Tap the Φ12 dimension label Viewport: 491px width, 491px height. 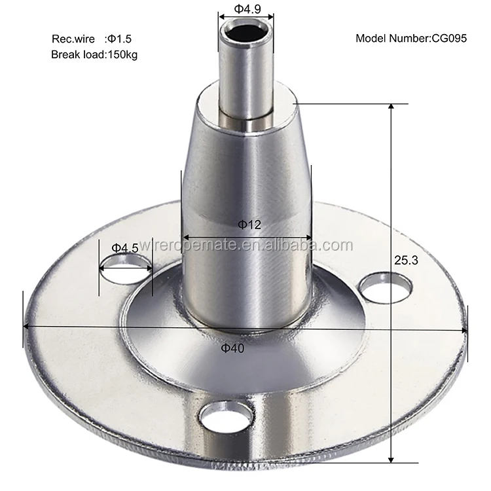coord(249,225)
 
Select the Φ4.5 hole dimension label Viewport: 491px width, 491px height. coord(124,248)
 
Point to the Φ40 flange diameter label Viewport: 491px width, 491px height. coord(232,348)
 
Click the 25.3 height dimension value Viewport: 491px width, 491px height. coord(406,260)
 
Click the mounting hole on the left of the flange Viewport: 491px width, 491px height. coord(125,268)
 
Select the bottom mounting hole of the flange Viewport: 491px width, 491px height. coord(227,416)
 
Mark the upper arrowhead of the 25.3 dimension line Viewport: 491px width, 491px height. coord(391,106)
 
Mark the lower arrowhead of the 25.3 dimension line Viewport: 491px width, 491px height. coord(391,460)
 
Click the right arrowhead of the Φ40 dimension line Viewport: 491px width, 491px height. coord(465,330)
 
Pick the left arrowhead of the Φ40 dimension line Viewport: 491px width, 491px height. coord(26,326)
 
